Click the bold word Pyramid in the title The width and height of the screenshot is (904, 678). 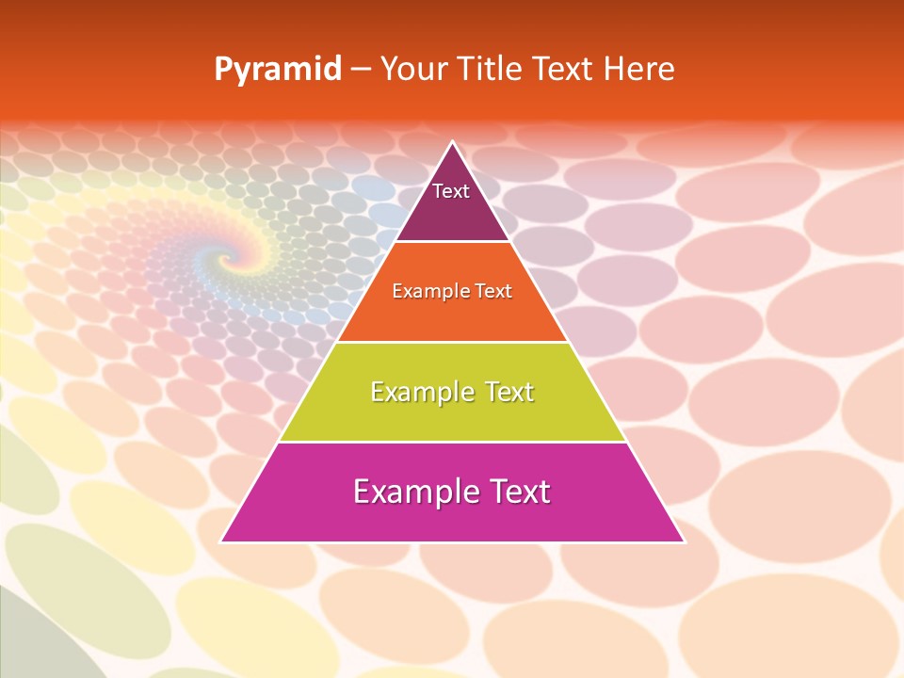point(278,70)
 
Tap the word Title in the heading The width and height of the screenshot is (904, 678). point(490,69)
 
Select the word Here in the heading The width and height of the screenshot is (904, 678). point(638,69)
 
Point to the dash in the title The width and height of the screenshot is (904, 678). point(361,70)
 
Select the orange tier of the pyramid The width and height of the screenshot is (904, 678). point(452,315)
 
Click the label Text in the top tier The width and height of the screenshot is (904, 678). point(451,191)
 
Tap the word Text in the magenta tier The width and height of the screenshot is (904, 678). point(518,492)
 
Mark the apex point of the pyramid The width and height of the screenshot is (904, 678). point(452,143)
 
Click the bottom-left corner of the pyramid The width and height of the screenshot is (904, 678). point(221,541)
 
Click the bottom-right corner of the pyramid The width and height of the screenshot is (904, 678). point(683,541)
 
